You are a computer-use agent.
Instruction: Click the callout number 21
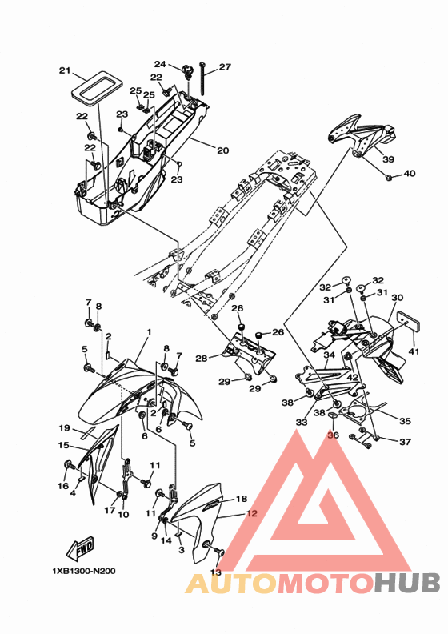coord(65,70)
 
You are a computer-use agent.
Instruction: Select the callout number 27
coord(225,66)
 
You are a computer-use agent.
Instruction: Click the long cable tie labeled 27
coord(202,78)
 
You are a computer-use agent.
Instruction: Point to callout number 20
coord(222,150)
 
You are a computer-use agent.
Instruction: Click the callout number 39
coord(388,159)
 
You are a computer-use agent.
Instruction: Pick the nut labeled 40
coord(389,177)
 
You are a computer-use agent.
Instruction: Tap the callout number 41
coord(414,351)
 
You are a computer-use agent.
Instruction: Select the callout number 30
coord(397,297)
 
